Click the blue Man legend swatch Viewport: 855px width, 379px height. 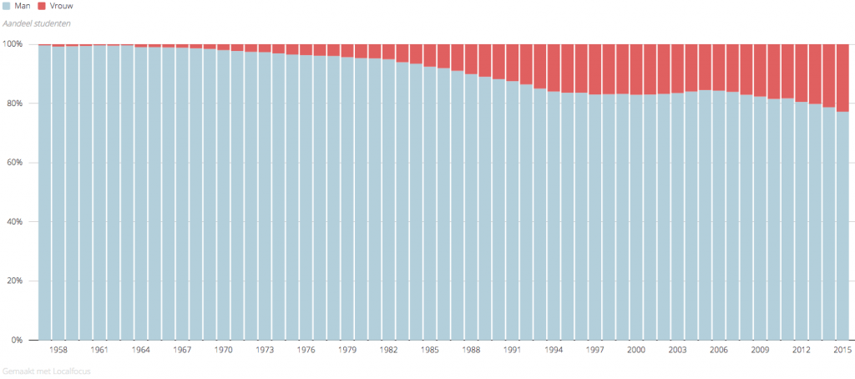pyautogui.click(x=7, y=6)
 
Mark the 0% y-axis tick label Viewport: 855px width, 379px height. pyautogui.click(x=17, y=341)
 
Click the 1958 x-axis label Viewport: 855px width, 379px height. pyautogui.click(x=58, y=351)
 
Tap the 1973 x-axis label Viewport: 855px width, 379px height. pyautogui.click(x=265, y=351)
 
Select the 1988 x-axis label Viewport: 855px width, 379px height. pyautogui.click(x=472, y=351)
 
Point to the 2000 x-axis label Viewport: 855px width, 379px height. pyautogui.click(x=636, y=351)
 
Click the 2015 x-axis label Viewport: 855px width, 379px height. pyautogui.click(x=842, y=351)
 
